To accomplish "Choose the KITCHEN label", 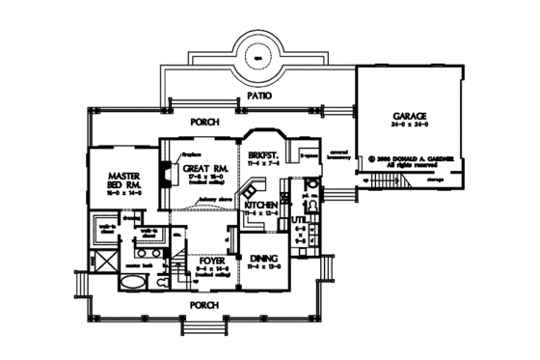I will point(261,206).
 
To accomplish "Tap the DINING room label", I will point(263,258).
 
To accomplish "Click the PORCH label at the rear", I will point(203,122).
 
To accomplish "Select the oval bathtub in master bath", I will point(133,283).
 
